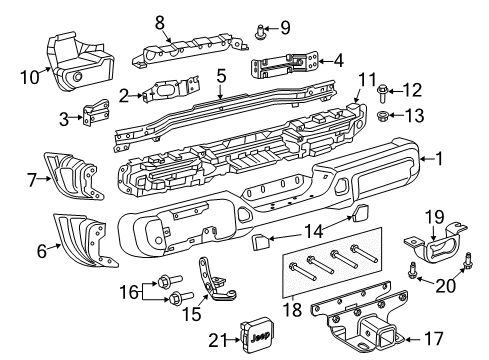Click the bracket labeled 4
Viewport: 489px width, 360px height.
point(284,64)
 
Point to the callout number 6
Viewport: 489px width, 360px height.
point(40,251)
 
